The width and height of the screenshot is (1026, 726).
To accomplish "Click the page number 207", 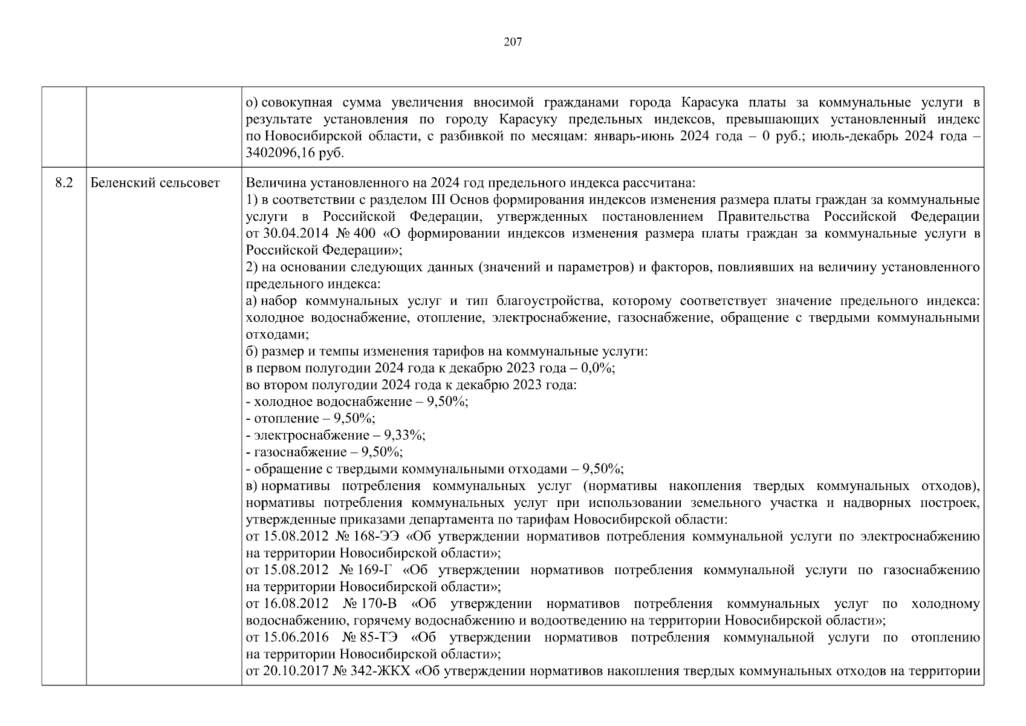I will [x=513, y=42].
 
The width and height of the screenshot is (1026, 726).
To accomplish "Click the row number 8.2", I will [x=63, y=183].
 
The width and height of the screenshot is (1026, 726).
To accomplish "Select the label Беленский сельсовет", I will [x=155, y=183].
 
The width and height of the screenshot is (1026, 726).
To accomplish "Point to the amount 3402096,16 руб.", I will [x=295, y=154].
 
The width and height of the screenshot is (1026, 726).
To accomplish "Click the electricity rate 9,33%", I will [x=408, y=435].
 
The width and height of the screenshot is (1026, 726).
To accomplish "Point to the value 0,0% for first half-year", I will [x=598, y=368].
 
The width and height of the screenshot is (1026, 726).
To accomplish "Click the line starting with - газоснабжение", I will [x=325, y=452].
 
